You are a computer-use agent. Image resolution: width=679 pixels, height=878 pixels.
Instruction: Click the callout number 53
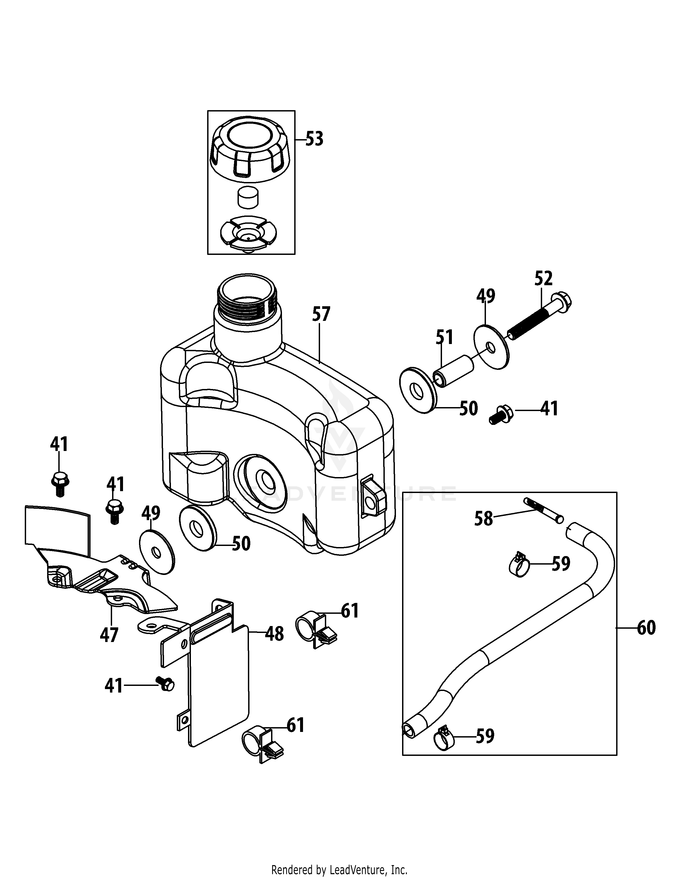coord(314,139)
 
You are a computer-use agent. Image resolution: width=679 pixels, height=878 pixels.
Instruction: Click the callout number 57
coord(321,314)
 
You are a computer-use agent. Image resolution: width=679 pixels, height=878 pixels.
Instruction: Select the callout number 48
coord(274,634)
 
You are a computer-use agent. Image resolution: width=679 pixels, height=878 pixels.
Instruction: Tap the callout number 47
coord(109,635)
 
